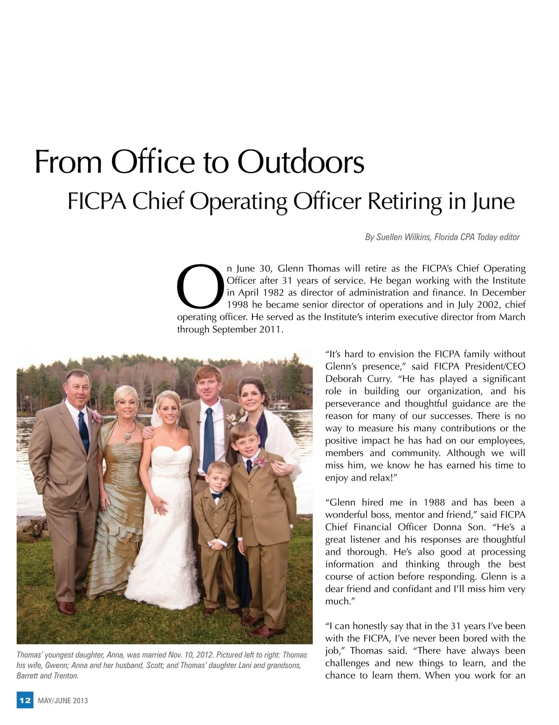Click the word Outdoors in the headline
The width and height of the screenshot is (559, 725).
click(x=300, y=162)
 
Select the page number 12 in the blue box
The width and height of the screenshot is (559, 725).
click(x=25, y=700)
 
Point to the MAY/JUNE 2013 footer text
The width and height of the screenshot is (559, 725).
click(x=62, y=701)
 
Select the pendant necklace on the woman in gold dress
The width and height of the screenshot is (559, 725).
click(x=127, y=436)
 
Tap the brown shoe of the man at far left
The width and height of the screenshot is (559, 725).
click(x=65, y=607)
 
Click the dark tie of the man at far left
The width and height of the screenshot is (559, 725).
click(x=84, y=430)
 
